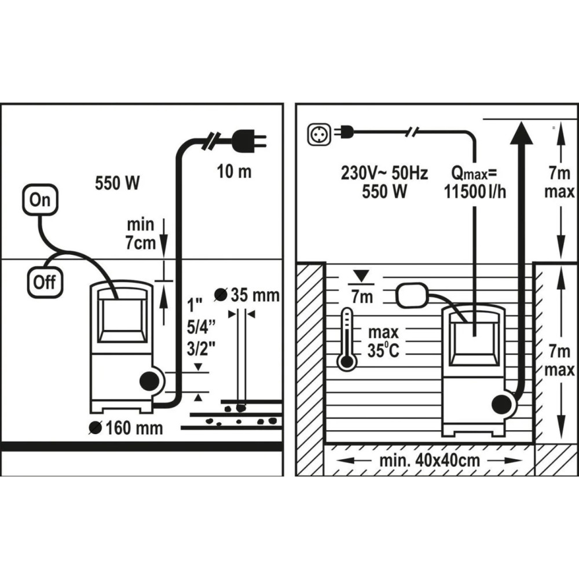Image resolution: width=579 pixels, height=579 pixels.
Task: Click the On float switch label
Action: click(x=41, y=200)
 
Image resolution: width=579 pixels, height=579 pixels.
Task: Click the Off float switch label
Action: click(x=45, y=283)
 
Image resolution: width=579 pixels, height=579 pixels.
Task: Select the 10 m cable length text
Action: click(x=234, y=172)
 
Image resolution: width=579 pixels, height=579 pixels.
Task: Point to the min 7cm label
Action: click(x=140, y=234)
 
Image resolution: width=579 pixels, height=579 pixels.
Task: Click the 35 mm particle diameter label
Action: click(x=247, y=295)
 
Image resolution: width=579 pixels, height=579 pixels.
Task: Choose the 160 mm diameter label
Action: click(x=126, y=428)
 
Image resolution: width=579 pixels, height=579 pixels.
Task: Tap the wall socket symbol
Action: click(x=319, y=134)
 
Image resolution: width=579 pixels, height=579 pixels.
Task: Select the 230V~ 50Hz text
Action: click(x=384, y=173)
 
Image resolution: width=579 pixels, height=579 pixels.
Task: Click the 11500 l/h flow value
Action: click(x=475, y=192)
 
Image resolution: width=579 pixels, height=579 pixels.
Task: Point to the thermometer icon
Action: click(x=347, y=339)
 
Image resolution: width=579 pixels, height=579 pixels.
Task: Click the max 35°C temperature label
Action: click(x=383, y=341)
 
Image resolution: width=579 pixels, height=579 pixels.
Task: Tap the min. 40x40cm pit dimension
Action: click(x=430, y=460)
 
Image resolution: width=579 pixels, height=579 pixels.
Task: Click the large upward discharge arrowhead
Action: click(x=521, y=133)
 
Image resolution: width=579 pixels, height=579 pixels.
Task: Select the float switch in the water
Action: click(x=412, y=295)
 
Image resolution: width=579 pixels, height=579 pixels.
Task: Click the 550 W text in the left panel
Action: click(x=117, y=183)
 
